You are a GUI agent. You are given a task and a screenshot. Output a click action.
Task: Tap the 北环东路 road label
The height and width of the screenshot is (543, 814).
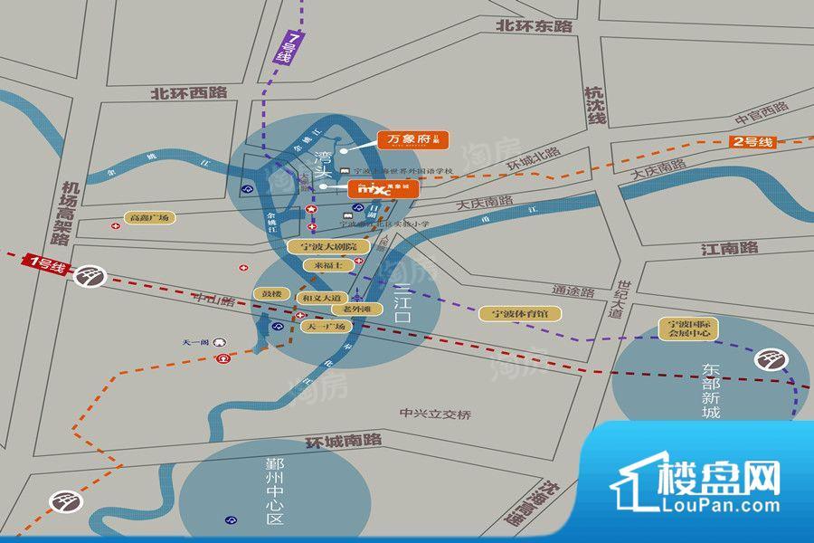click(x=535, y=26)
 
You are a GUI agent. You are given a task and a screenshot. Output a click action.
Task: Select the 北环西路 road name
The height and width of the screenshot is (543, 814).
click(x=189, y=92)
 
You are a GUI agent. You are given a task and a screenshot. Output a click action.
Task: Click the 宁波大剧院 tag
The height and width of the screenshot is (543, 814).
click(x=323, y=246)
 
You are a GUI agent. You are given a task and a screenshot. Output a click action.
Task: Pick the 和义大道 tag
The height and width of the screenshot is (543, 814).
click(x=322, y=297)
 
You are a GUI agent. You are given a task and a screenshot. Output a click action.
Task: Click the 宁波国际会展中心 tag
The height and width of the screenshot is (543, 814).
click(x=688, y=328)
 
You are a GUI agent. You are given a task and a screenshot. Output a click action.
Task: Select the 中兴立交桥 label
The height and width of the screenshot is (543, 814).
click(x=436, y=414)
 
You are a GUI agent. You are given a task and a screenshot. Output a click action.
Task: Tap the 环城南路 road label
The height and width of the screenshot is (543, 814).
click(x=343, y=441)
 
